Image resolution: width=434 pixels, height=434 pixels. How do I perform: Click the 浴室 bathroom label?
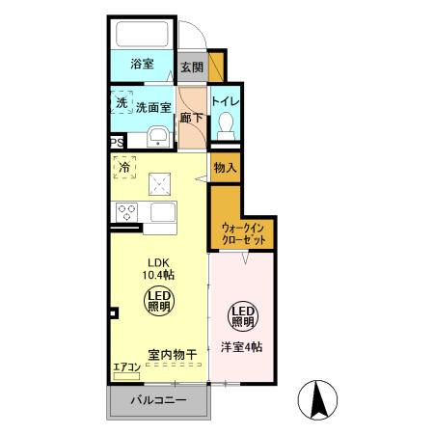[x=142, y=64]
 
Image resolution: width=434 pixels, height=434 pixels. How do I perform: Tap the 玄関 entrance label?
[x=191, y=68]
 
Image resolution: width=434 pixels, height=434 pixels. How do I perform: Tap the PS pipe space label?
[x=117, y=142]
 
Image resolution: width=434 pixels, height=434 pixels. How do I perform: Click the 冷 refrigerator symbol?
[x=124, y=169]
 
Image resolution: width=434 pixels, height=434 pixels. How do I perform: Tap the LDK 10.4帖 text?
[x=160, y=267]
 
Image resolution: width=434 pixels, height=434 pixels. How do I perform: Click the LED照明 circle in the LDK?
[x=160, y=300]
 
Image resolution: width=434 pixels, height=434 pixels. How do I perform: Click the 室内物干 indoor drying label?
[x=173, y=355]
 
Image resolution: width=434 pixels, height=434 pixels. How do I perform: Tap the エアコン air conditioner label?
[x=126, y=366]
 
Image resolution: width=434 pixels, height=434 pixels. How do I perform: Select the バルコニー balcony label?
[x=157, y=400]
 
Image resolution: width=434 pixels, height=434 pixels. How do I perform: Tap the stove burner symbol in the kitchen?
[x=125, y=211]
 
